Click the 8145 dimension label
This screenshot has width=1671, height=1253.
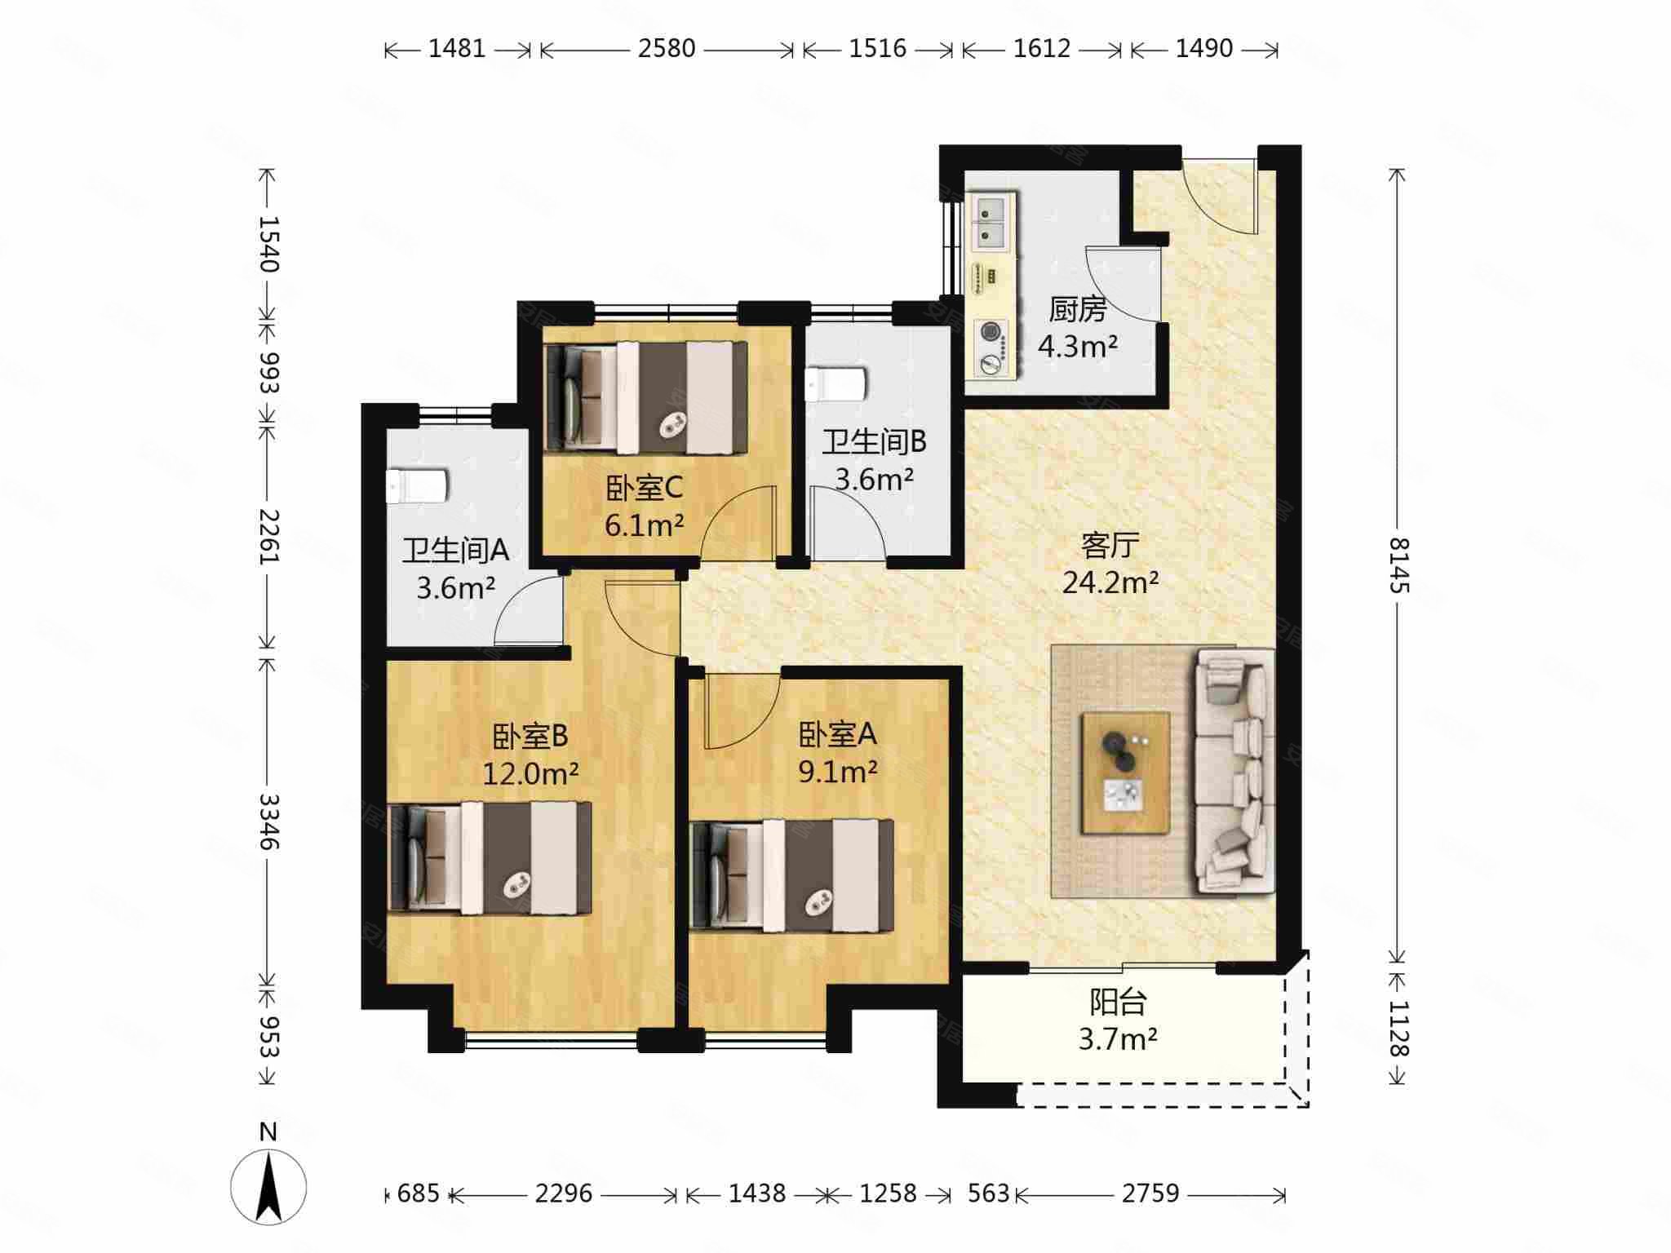click(x=1398, y=565)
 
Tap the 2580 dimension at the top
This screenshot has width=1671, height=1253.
click(x=667, y=49)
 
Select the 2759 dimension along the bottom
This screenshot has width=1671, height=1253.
click(x=1150, y=1193)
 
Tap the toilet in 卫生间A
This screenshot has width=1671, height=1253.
click(x=416, y=486)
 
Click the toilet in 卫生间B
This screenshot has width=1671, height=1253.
click(x=835, y=384)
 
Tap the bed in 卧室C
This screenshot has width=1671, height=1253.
click(x=646, y=397)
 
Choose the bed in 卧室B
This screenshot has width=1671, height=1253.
click(x=490, y=857)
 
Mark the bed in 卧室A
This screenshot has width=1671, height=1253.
click(x=791, y=874)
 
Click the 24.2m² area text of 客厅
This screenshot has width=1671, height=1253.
click(x=1110, y=582)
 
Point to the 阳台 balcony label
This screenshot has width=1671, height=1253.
click(x=1119, y=1002)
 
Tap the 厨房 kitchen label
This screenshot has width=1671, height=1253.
click(x=1077, y=310)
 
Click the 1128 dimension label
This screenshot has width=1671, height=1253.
click(x=1398, y=1028)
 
